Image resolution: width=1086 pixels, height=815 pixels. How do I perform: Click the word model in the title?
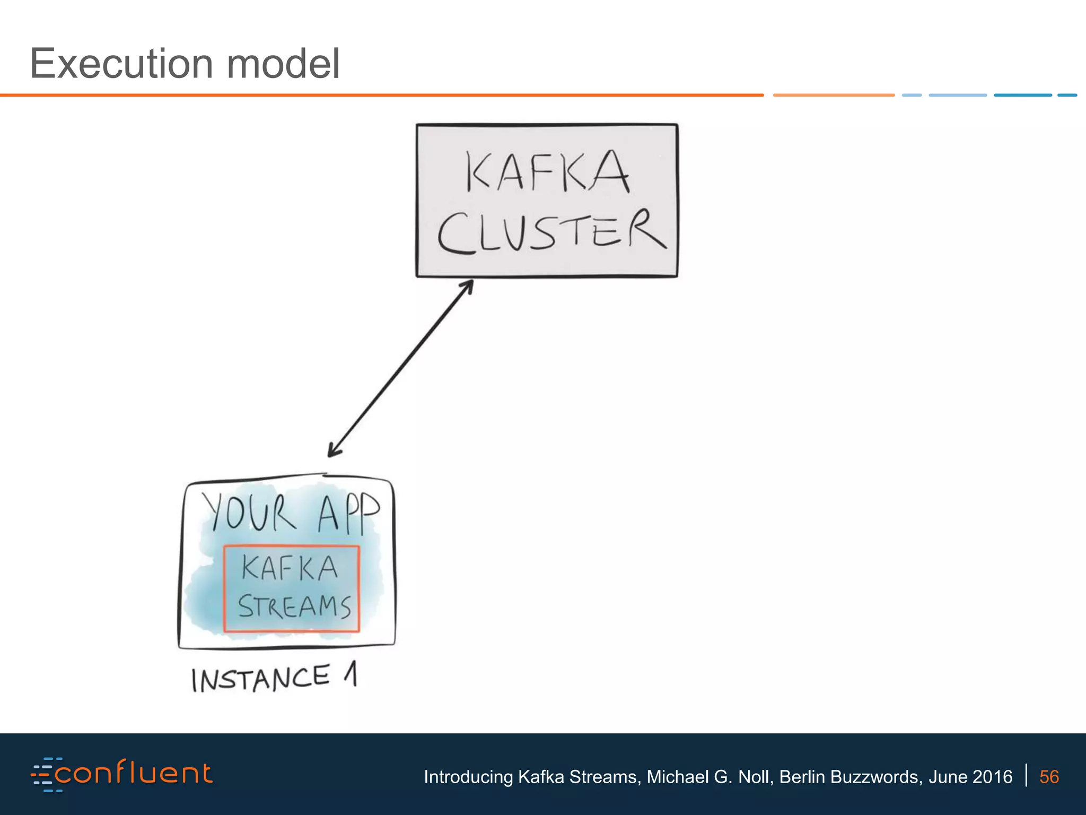tap(283, 64)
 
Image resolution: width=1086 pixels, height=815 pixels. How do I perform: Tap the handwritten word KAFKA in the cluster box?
tap(547, 171)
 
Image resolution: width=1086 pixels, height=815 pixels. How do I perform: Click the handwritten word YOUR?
tap(248, 511)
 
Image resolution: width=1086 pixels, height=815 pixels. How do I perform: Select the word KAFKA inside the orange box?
tap(290, 568)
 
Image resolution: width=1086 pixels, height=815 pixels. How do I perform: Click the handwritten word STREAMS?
tap(294, 606)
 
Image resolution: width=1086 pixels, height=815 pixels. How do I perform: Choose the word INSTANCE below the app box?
tap(260, 679)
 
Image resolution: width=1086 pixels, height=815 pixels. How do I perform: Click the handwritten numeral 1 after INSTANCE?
tap(351, 674)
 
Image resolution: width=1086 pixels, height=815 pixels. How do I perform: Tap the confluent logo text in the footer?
tap(133, 773)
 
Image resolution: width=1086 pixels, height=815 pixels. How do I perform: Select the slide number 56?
tap(1049, 777)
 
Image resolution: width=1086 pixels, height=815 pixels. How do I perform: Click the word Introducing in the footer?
tap(468, 777)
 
